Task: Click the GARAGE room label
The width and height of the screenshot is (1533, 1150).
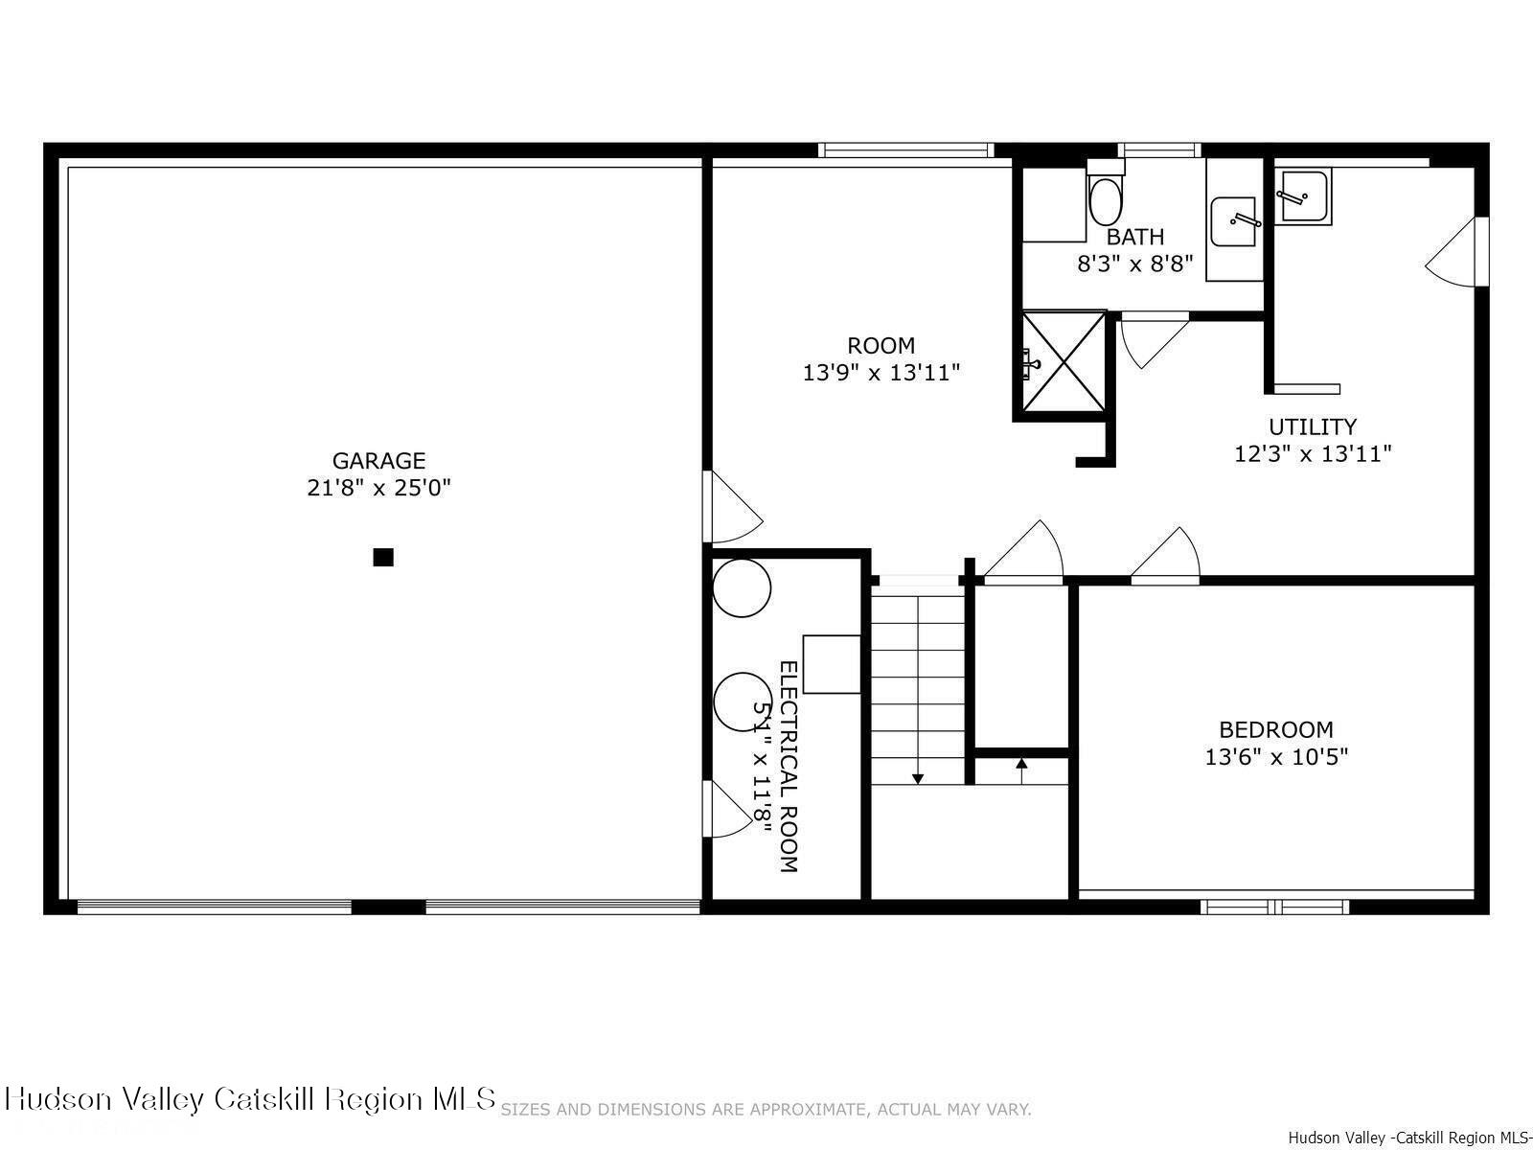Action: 378,461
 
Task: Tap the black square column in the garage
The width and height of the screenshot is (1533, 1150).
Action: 383,557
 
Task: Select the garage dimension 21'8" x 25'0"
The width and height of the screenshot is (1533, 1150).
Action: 378,488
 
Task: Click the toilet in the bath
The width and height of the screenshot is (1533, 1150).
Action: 1105,199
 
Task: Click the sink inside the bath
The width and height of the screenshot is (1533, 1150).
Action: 1235,221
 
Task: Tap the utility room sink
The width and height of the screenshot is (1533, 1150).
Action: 1303,196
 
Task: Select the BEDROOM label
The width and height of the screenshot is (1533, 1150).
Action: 1275,729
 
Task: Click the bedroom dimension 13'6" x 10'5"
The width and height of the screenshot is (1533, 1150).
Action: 1275,757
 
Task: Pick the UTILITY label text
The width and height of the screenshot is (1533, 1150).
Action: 1312,426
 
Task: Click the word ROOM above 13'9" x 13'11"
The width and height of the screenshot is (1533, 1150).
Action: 881,345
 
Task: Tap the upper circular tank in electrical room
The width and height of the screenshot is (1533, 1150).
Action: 742,587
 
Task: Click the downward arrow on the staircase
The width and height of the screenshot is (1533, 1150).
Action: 918,777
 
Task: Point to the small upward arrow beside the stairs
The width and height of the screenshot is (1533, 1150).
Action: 1021,765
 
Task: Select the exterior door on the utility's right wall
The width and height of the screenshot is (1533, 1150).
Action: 1456,251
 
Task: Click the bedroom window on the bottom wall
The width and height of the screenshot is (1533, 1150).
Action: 1275,906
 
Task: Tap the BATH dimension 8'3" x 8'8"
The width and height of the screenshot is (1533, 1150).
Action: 1135,264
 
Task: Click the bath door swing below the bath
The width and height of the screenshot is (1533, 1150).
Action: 1153,340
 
